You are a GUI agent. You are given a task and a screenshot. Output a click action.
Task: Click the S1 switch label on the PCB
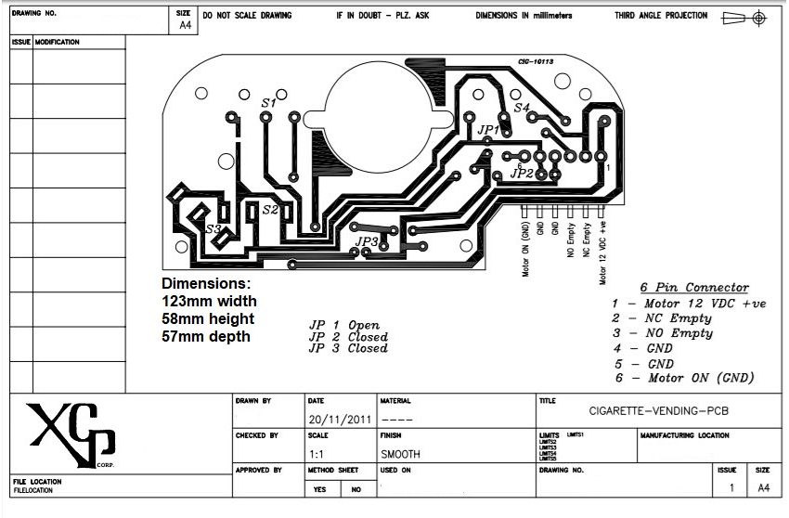[268, 103]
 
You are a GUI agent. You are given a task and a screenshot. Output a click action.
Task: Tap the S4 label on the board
[522, 109]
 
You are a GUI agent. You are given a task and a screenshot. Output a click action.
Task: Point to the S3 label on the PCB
[213, 228]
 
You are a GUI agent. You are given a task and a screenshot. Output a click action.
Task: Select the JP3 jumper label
[368, 241]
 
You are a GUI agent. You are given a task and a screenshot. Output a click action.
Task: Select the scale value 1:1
[317, 454]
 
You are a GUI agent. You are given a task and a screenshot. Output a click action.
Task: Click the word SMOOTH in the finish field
[400, 454]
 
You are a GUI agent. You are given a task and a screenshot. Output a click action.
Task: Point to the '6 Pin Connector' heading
[693, 288]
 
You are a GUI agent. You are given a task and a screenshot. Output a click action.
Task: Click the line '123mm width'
[209, 301]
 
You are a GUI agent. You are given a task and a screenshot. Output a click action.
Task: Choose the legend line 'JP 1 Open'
[344, 325]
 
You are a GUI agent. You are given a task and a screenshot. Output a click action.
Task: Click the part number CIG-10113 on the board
[536, 61]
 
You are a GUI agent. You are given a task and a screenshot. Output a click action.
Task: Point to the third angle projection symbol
[745, 17]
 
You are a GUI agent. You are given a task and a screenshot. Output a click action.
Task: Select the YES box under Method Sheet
[320, 489]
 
